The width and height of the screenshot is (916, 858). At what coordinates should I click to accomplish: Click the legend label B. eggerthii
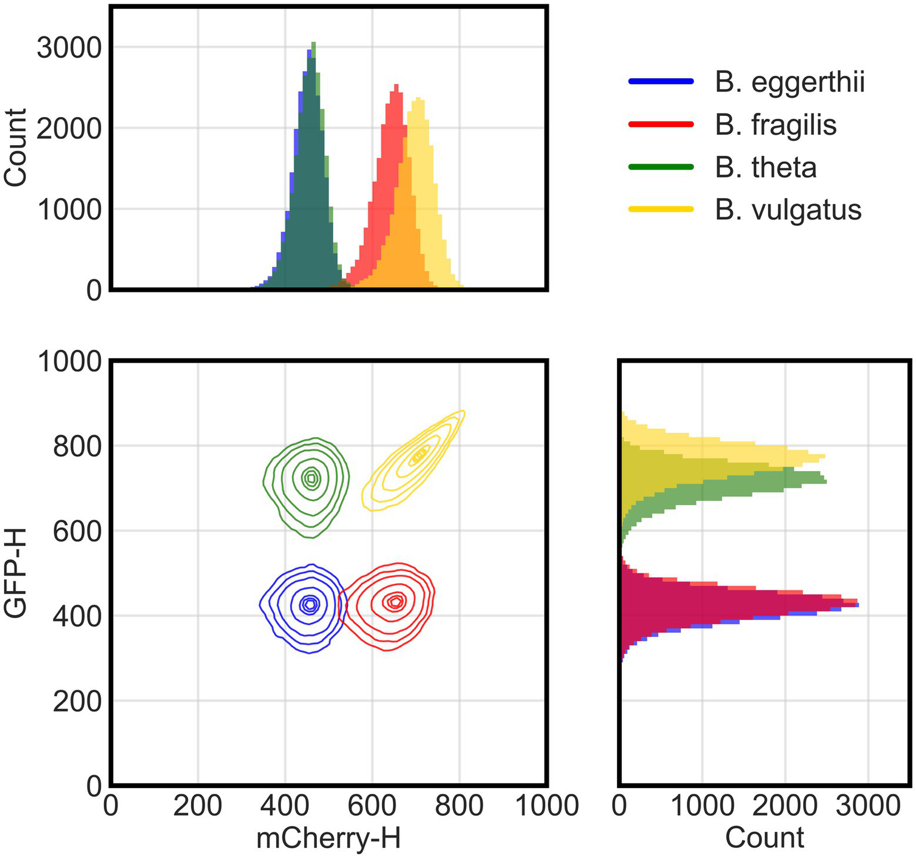[789, 82]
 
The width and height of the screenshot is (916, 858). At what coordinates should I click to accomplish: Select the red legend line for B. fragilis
[661, 124]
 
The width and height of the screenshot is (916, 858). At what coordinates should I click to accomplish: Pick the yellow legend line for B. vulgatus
[661, 209]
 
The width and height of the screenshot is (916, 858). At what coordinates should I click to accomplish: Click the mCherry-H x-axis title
[328, 838]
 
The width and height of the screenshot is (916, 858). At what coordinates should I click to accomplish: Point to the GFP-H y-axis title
[16, 574]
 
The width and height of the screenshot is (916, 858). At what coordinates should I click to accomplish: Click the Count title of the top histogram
[16, 147]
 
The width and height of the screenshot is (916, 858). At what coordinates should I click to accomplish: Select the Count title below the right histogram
[764, 838]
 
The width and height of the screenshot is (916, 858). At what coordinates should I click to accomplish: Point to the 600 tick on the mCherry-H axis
[372, 807]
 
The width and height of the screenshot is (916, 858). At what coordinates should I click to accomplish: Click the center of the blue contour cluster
[309, 604]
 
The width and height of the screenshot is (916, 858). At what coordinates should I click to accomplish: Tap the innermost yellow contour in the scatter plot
[420, 454]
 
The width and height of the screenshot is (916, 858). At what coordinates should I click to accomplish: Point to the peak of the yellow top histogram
[419, 99]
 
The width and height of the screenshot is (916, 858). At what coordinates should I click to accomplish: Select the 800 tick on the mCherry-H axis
[459, 807]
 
